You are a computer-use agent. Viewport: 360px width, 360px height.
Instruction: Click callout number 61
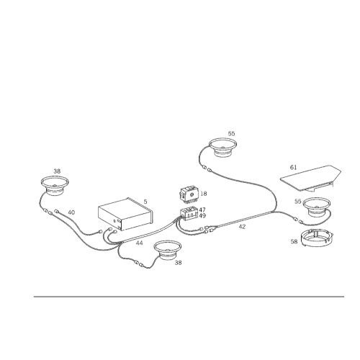click(x=293, y=167)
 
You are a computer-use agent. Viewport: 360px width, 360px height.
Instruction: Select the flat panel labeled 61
click(x=312, y=178)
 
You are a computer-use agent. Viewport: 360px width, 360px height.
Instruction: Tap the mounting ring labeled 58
click(x=317, y=238)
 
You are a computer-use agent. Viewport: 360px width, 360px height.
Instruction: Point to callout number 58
click(x=294, y=241)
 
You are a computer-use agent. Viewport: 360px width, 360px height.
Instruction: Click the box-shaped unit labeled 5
click(x=125, y=214)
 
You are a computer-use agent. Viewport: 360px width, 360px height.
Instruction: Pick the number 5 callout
click(x=145, y=202)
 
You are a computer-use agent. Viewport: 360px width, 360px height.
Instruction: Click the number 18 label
click(x=203, y=194)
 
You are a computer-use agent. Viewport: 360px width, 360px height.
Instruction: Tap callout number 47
click(x=202, y=210)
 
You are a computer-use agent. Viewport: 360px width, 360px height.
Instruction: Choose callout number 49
click(x=202, y=216)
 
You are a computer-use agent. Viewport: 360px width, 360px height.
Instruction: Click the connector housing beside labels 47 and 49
click(x=189, y=213)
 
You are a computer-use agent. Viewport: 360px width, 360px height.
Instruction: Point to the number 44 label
click(x=140, y=243)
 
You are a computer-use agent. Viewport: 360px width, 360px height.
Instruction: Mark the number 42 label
click(x=242, y=227)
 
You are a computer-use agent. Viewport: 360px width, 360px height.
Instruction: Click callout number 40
click(x=71, y=212)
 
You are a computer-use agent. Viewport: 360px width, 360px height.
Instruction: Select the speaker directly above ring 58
click(x=316, y=207)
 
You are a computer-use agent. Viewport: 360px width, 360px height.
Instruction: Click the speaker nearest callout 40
click(x=55, y=185)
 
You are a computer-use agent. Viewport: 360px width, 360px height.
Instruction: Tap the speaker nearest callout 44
click(x=167, y=250)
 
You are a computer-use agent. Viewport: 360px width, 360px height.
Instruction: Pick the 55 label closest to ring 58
click(x=298, y=202)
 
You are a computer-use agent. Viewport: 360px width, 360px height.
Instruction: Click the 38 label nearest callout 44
click(x=178, y=263)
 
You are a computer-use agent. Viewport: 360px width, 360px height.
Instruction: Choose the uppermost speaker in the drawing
click(x=222, y=147)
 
